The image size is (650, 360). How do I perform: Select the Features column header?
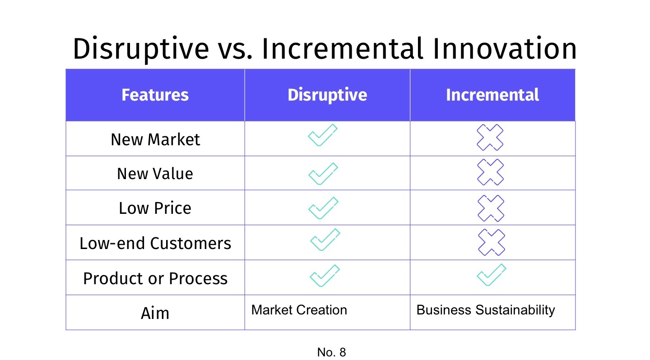pos(155,95)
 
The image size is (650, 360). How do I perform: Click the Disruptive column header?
pos(327,95)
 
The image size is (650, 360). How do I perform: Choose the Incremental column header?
pos(492,95)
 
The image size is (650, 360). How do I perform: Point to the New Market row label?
pos(155,139)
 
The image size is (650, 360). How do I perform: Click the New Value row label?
pos(155,174)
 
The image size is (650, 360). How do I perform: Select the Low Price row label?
pos(155,208)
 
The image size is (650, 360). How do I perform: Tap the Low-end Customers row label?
pos(155,244)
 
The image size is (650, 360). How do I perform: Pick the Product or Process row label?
pos(155,278)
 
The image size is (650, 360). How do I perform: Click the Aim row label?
pos(155,313)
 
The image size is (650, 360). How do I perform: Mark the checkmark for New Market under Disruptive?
pos(323,135)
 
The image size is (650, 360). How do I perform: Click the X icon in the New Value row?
pos(491,172)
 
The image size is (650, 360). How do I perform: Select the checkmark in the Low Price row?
pos(323,208)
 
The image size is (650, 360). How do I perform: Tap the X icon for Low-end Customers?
pos(492,242)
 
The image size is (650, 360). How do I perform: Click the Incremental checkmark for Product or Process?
pos(492,275)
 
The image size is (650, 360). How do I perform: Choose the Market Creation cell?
pos(299,310)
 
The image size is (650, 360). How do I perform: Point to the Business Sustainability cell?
pos(485,310)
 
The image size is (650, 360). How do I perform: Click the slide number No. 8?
pos(331,352)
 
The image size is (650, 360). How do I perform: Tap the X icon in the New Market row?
pos(490,137)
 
